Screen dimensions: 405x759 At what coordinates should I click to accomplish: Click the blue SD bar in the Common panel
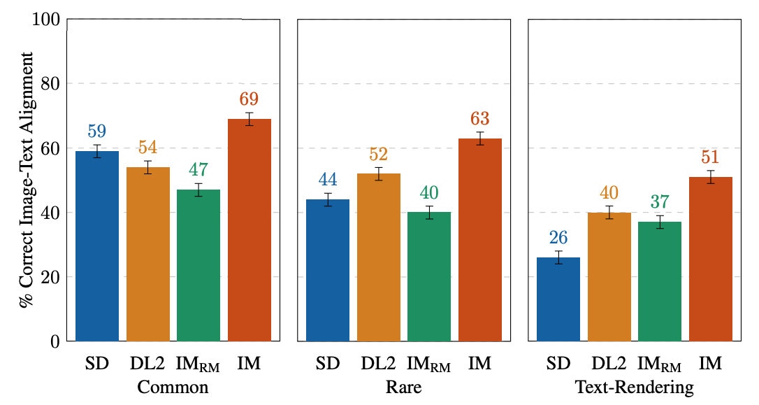point(97,246)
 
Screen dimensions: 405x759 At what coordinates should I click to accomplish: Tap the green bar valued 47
point(198,265)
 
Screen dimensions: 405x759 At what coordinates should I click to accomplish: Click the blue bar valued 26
point(558,299)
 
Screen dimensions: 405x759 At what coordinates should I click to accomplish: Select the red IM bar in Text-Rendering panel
point(710,259)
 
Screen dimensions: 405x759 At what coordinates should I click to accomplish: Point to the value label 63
point(480,118)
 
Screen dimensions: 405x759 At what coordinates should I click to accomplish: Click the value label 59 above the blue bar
point(97,131)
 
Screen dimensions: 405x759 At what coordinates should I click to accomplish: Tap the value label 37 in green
point(660,201)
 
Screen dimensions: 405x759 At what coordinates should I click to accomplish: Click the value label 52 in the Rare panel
point(379,154)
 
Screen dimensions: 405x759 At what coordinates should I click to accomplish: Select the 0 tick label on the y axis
point(55,342)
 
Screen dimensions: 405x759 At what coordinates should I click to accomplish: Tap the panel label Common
point(173,387)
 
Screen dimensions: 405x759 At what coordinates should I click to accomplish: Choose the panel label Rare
point(404,387)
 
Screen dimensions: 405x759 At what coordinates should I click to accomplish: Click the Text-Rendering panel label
point(634,387)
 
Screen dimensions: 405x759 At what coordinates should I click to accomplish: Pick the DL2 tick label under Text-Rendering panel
point(608,363)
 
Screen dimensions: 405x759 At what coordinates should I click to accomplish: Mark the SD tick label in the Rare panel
point(328,363)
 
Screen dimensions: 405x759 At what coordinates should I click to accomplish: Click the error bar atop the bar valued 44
point(328,199)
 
